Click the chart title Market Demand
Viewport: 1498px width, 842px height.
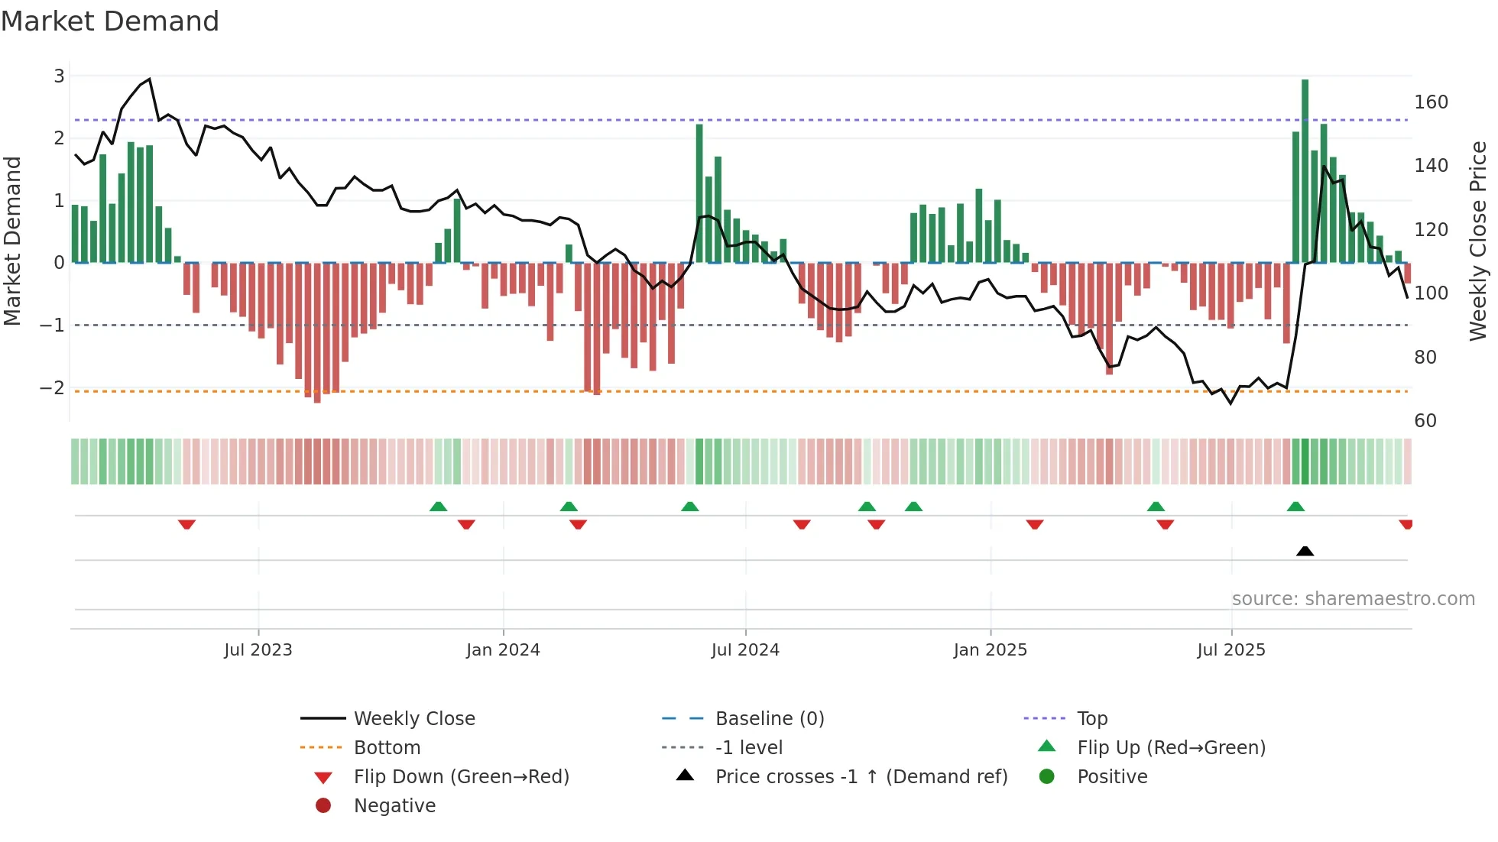click(x=109, y=21)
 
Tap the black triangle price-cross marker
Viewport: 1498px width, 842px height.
click(x=1305, y=551)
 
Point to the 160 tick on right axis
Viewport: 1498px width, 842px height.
click(x=1431, y=102)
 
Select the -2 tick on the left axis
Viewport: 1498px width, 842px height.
click(x=53, y=387)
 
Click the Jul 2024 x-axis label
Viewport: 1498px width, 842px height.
click(x=745, y=649)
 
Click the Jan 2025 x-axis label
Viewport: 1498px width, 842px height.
click(x=990, y=649)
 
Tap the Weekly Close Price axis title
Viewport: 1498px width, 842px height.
click(x=1478, y=241)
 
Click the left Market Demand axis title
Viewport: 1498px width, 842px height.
click(x=12, y=241)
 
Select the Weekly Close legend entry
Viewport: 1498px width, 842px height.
click(x=413, y=718)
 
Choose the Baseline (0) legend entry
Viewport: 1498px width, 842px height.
click(x=769, y=718)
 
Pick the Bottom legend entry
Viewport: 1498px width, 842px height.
click(x=387, y=747)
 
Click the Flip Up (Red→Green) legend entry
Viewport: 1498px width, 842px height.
click(x=1171, y=747)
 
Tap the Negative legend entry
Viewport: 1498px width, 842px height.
click(x=394, y=805)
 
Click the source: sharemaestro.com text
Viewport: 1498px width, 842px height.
click(x=1353, y=598)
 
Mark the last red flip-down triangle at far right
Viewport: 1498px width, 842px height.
click(x=1406, y=524)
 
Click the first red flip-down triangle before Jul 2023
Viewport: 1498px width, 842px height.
click(x=186, y=524)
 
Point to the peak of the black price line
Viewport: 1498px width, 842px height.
click(x=149, y=79)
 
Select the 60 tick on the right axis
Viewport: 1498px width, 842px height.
click(x=1425, y=420)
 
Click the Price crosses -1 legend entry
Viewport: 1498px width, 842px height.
click(x=861, y=776)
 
